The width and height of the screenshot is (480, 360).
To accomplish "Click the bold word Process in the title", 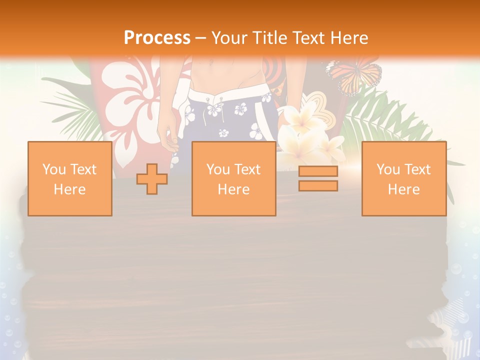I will pyautogui.click(x=157, y=37).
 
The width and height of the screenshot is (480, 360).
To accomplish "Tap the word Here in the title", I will pyautogui.click(x=348, y=37).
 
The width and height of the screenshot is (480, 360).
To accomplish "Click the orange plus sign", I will pyautogui.click(x=152, y=179).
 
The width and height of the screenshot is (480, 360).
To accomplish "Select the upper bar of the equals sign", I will pyautogui.click(x=318, y=171).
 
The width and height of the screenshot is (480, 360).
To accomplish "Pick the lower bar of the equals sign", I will pyautogui.click(x=318, y=185).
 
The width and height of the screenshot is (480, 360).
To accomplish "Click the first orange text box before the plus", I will pyautogui.click(x=70, y=178).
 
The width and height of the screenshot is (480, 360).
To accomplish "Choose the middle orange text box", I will pyautogui.click(x=233, y=178).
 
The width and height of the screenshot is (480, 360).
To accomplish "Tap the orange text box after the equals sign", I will pyautogui.click(x=404, y=178).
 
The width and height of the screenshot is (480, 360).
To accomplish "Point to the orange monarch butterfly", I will pyautogui.click(x=354, y=75).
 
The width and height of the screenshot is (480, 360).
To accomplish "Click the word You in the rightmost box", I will pyautogui.click(x=387, y=169).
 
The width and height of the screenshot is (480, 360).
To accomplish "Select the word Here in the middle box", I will pyautogui.click(x=233, y=189).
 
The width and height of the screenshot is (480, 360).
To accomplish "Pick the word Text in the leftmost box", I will pyautogui.click(x=83, y=169).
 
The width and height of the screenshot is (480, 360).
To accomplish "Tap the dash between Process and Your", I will pyautogui.click(x=200, y=37).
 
